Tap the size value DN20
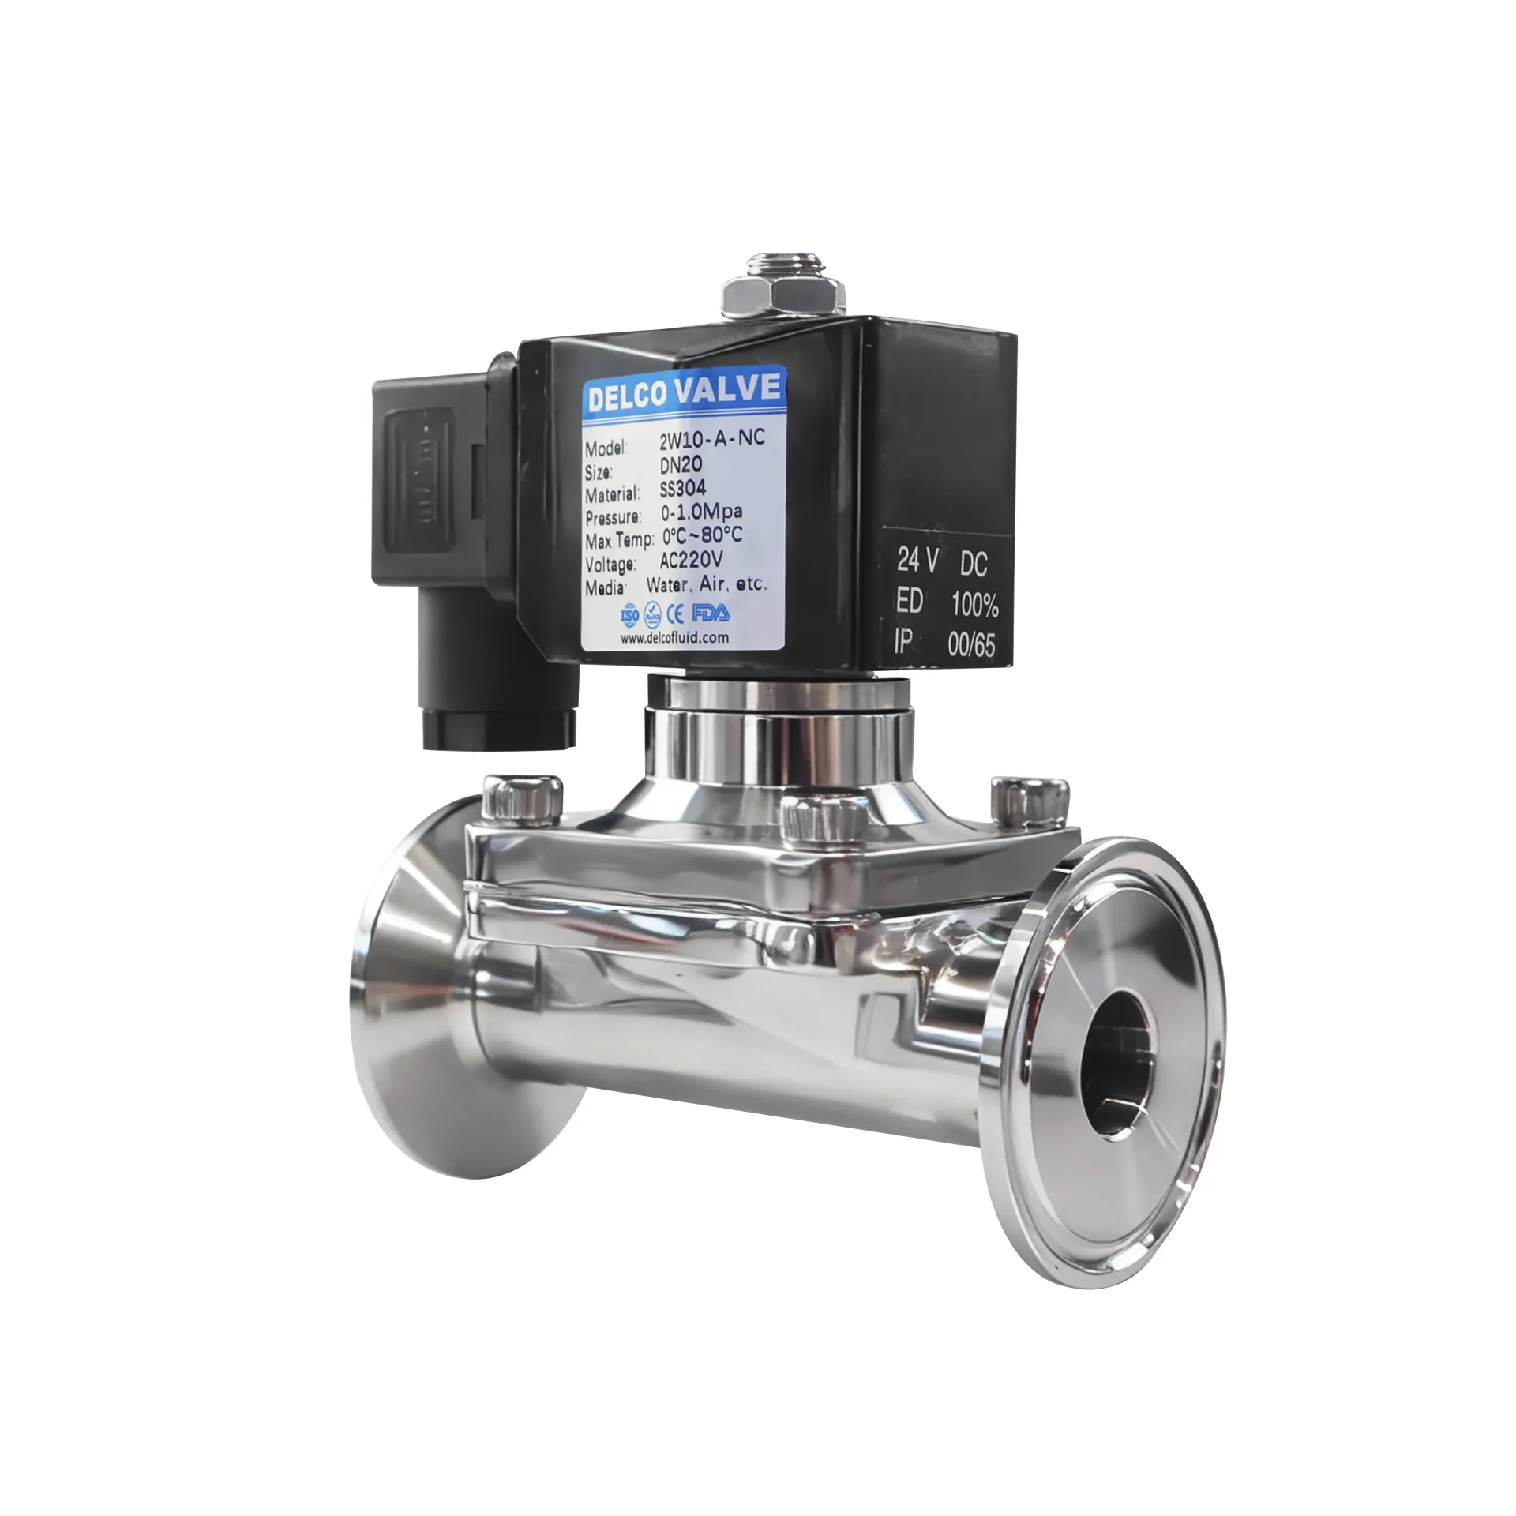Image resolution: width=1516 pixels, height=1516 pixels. [681, 464]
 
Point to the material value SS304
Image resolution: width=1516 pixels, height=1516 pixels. [682, 488]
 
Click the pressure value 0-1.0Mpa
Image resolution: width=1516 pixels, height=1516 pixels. [701, 512]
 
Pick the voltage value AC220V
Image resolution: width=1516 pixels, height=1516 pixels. [691, 560]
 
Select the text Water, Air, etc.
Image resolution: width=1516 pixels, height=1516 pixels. [706, 584]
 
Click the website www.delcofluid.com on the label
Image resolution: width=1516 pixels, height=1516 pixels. [674, 637]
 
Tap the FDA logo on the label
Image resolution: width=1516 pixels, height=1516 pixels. [711, 613]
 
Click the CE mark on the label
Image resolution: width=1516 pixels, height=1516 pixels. [676, 614]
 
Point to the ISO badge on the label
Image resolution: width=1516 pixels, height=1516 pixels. [629, 615]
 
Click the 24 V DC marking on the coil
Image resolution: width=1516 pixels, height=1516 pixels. [941, 562]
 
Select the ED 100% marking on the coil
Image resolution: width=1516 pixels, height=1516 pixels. [946, 603]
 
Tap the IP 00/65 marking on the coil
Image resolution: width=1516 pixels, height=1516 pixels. [944, 644]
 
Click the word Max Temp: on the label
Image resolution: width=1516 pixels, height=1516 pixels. [619, 542]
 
